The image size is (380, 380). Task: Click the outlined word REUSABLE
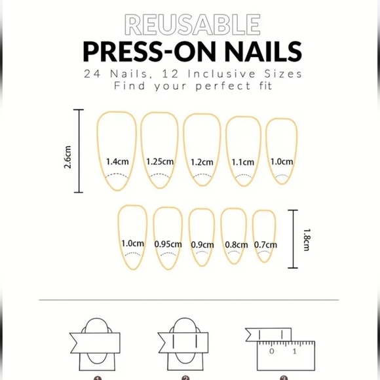(192, 24)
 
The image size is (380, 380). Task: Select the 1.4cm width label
(116, 161)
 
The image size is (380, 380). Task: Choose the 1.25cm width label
(160, 161)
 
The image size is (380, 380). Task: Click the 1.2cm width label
(202, 162)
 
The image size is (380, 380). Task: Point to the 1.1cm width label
(242, 162)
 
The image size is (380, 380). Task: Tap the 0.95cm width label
(168, 244)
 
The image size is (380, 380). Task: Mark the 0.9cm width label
(202, 244)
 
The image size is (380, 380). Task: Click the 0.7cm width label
(265, 244)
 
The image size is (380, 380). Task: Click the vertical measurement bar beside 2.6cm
(80, 151)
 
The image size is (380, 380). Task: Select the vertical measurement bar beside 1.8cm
(292, 239)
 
